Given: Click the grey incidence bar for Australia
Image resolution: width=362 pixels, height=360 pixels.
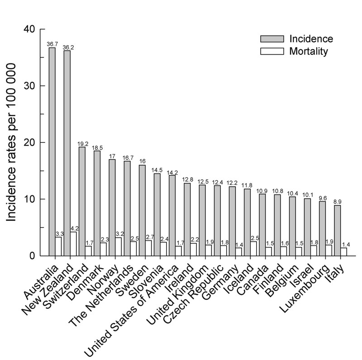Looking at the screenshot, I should [x=52, y=152].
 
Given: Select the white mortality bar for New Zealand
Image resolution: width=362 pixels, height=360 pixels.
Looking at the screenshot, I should [x=73, y=244].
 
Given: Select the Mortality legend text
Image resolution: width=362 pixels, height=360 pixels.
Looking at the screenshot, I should [x=308, y=51].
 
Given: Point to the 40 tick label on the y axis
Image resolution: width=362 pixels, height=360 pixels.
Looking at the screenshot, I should [x=29, y=29].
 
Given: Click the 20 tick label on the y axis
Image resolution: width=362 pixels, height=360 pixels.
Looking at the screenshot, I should [x=29, y=143].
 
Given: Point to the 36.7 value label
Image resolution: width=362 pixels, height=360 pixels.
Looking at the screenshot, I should [x=52, y=44].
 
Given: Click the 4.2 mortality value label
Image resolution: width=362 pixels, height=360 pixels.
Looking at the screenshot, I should [x=74, y=228].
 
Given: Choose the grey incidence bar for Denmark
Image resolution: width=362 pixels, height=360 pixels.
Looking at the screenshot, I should [x=97, y=204].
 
